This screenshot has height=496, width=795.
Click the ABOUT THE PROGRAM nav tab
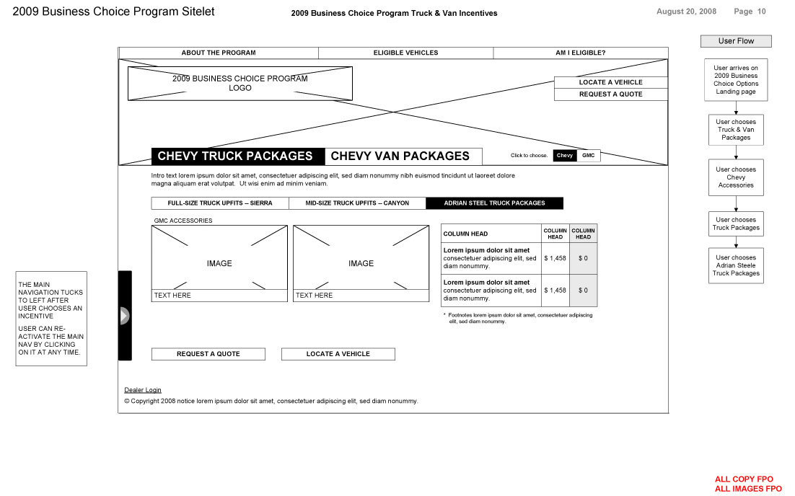(219, 53)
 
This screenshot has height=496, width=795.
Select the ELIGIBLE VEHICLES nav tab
(405, 53)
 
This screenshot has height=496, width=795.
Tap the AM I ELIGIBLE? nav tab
(580, 53)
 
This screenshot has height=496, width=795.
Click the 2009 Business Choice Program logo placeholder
(240, 83)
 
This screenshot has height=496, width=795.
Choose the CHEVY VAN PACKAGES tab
(400, 156)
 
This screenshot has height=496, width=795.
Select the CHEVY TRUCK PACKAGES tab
(235, 156)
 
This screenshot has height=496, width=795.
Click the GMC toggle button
(589, 156)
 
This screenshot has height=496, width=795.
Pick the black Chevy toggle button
(565, 156)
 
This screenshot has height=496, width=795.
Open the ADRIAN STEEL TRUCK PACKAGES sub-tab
(494, 203)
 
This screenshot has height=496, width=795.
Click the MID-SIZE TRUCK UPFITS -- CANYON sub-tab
(357, 203)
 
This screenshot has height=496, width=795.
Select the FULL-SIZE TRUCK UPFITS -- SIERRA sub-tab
(220, 203)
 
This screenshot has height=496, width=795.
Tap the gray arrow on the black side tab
(124, 316)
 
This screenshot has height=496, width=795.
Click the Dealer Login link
(143, 390)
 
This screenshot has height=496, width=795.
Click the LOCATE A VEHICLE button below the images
(338, 354)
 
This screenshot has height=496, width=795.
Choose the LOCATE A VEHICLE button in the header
(610, 82)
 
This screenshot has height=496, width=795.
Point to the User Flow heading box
(736, 41)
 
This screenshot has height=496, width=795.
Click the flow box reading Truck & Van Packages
(736, 130)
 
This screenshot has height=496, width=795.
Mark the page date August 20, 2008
(686, 12)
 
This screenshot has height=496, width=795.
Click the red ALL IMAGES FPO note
(748, 489)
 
